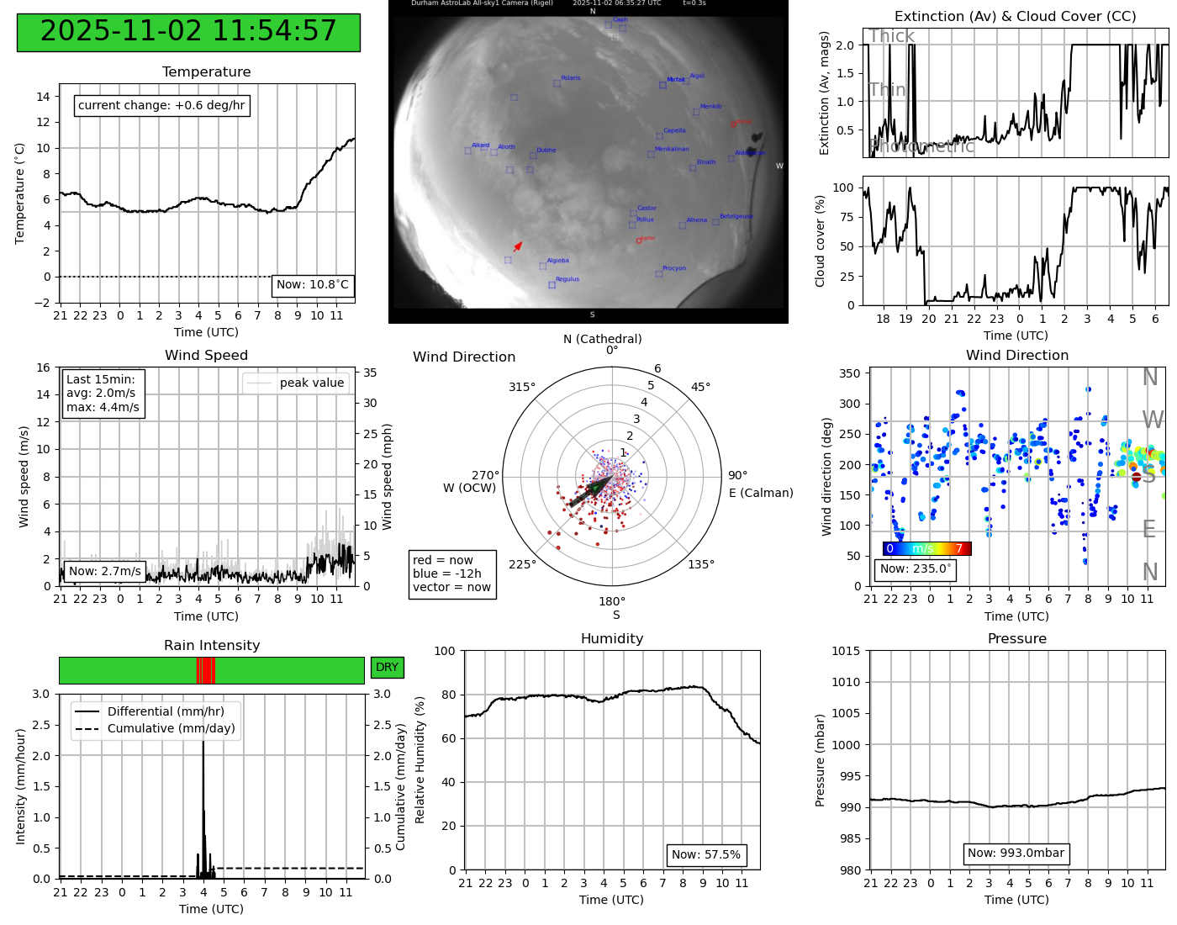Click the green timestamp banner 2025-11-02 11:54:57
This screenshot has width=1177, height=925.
[188, 32]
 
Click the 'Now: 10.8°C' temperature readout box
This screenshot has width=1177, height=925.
[313, 285]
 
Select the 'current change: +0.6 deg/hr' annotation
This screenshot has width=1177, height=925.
[161, 106]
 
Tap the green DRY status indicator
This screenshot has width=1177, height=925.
[387, 668]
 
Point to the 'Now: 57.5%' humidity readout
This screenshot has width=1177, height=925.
[706, 855]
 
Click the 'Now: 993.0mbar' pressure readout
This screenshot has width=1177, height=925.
[1016, 854]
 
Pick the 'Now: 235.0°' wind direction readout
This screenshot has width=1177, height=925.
[916, 569]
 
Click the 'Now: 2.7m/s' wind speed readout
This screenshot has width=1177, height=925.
[105, 572]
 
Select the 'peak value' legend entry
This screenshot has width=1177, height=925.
[311, 383]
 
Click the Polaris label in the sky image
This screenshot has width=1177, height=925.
[570, 78]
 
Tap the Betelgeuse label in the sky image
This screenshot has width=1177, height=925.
[736, 217]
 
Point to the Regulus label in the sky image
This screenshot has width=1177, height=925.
[567, 279]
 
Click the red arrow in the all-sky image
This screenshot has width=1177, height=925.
[518, 246]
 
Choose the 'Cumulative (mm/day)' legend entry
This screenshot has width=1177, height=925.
[171, 729]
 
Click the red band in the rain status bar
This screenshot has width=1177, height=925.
[206, 670]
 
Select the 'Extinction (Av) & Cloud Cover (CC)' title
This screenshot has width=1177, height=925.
[1015, 17]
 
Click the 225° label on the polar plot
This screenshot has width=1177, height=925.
[522, 564]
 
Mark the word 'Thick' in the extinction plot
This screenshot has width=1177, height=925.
[891, 36]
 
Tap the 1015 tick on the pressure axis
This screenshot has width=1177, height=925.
[846, 651]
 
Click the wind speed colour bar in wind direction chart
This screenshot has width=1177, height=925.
[926, 549]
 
